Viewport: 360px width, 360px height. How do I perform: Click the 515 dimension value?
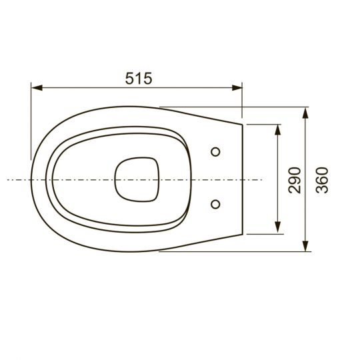coord(139,77)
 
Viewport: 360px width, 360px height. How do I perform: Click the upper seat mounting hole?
coord(215,152)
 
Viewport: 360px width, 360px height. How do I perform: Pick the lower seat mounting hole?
coord(215,203)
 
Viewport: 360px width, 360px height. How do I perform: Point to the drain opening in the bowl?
coord(138,179)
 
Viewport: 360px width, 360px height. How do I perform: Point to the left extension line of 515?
coord(31,120)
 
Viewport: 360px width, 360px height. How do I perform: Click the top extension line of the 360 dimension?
coord(267,107)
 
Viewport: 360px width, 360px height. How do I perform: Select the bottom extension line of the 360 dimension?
coord(267,252)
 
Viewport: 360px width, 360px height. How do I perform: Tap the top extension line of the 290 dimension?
coord(263,124)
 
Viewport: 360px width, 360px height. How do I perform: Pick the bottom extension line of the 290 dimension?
coord(263,234)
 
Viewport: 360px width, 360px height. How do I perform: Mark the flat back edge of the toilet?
coord(242,179)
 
